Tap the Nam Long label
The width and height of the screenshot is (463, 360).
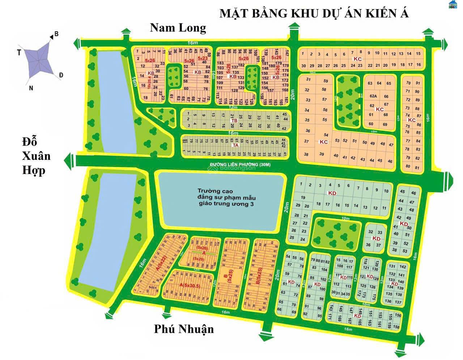[x=178, y=27]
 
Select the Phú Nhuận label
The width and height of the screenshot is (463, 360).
[x=184, y=329]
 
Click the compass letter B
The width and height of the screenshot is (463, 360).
[x=56, y=34]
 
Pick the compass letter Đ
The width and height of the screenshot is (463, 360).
[x=61, y=75]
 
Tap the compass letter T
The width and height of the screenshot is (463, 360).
[x=19, y=53]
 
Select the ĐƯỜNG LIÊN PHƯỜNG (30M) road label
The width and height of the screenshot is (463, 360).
[x=240, y=165]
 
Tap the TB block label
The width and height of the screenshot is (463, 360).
[x=234, y=120]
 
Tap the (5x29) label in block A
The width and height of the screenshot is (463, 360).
[x=199, y=259]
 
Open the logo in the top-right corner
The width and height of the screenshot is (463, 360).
[x=453, y=5]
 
